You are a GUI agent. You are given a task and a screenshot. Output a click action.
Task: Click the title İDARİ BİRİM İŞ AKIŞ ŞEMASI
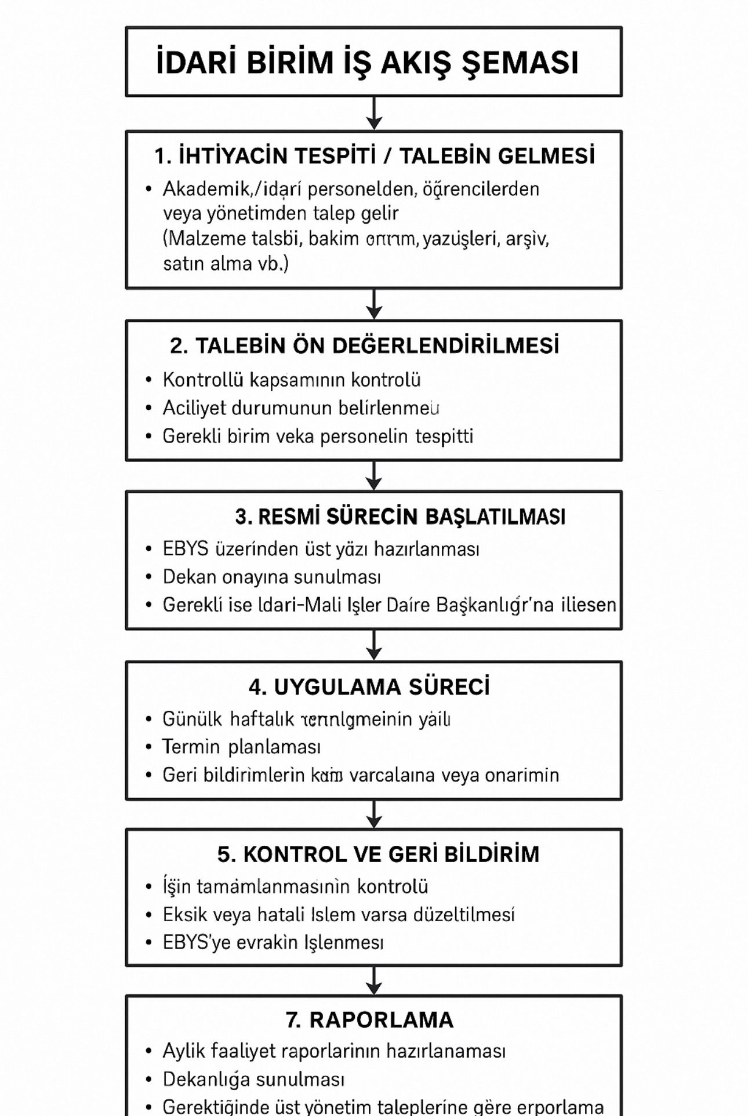coord(368,63)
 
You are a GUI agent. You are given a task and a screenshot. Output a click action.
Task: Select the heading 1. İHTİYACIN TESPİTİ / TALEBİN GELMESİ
coord(375,156)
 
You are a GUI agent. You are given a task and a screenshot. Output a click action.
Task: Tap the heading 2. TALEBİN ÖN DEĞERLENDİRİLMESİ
coord(365,346)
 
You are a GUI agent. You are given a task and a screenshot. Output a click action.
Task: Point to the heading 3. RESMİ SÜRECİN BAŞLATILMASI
coord(400,517)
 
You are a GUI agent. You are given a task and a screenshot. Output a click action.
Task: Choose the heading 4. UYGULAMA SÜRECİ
coord(369,687)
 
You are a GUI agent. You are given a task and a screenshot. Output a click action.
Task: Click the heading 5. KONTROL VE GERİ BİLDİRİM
coord(378,855)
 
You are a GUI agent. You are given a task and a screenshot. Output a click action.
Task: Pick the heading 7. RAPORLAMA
coord(369,1020)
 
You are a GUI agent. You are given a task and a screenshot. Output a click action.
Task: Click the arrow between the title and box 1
coord(374,114)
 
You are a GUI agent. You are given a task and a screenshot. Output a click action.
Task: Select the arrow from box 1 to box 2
coord(374,304)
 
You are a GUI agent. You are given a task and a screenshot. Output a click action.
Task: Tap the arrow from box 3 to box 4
coord(374,645)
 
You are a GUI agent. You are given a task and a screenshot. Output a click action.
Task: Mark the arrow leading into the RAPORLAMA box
coord(374,980)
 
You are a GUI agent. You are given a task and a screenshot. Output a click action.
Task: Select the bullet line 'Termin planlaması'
coord(241,747)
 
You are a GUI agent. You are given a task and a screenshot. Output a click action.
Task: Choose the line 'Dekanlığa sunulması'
coord(253,1079)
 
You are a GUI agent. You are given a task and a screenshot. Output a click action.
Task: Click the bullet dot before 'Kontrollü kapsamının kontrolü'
coord(149,380)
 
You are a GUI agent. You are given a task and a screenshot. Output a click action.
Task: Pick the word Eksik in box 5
coord(185,915)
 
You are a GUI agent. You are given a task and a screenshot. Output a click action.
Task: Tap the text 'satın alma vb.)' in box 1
coord(226,264)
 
